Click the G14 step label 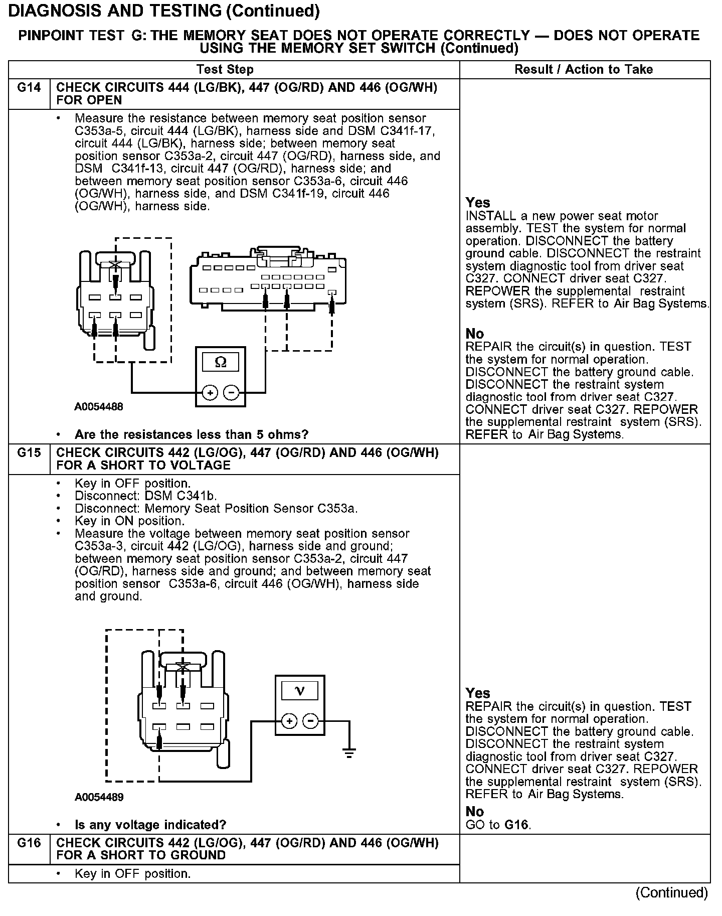(x=29, y=88)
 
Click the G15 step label (x=29, y=452)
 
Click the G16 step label (x=29, y=843)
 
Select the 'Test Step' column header (x=225, y=70)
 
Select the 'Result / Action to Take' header (x=584, y=70)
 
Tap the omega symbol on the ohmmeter (x=220, y=362)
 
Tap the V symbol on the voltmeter (x=300, y=691)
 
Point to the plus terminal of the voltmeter (x=289, y=722)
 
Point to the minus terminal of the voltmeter (x=311, y=722)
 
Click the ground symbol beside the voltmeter (x=349, y=752)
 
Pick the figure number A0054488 (x=99, y=407)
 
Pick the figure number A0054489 (x=99, y=797)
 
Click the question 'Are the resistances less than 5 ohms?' (x=191, y=434)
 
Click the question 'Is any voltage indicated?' (x=150, y=825)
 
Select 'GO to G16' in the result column (x=498, y=824)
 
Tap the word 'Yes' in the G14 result (x=477, y=203)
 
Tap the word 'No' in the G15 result (x=474, y=812)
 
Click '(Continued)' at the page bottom (x=671, y=893)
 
